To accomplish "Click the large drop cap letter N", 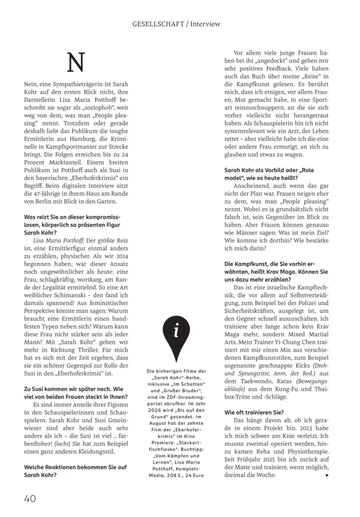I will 75,63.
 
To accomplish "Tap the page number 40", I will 31,498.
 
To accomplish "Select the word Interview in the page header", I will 205,24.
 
